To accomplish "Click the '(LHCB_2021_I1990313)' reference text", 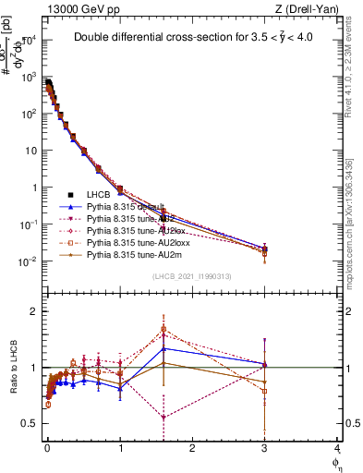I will tap(192, 276).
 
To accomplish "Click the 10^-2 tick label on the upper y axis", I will tap(28, 261).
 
